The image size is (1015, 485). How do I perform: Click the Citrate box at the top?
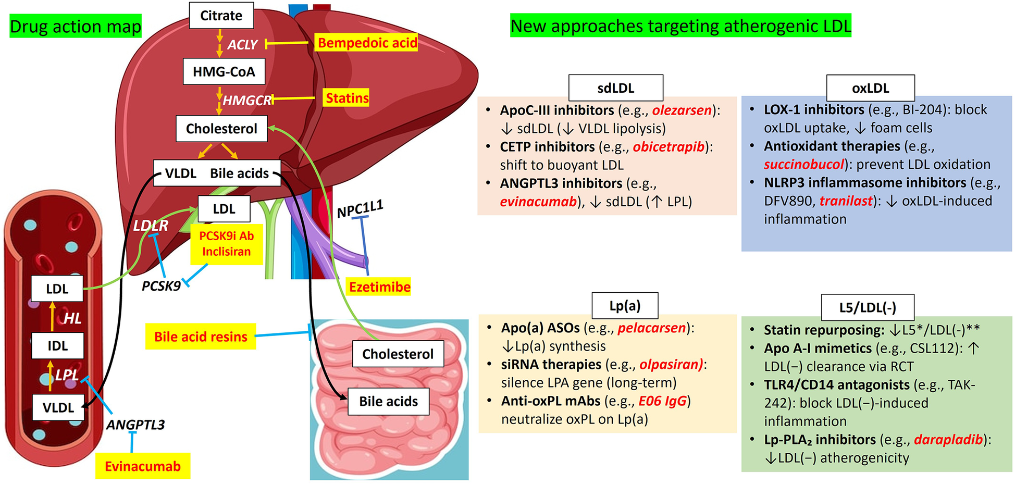click(x=221, y=16)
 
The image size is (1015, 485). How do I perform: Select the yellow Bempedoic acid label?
click(x=367, y=43)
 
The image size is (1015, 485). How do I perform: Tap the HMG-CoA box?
click(x=224, y=71)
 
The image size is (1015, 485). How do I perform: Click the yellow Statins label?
click(x=346, y=98)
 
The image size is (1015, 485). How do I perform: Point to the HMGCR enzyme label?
click(x=247, y=100)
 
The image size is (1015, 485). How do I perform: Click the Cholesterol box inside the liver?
click(x=221, y=129)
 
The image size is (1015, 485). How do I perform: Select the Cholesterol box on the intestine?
click(x=398, y=354)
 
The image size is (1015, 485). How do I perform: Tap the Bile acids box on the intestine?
click(x=388, y=401)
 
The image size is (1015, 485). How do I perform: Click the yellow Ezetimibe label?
click(x=379, y=287)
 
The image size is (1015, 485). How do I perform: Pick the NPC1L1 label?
click(x=360, y=209)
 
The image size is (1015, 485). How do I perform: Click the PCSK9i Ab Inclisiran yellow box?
click(x=226, y=244)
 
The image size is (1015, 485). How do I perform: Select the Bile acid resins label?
click(x=201, y=337)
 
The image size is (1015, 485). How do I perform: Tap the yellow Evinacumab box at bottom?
click(x=142, y=466)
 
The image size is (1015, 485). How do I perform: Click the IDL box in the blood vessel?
click(x=57, y=346)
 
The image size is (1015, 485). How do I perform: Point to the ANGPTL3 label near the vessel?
click(x=135, y=425)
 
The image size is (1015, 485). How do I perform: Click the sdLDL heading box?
click(x=615, y=88)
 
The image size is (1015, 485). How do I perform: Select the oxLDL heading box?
click(x=870, y=88)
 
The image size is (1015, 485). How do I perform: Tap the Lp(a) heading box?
click(x=625, y=306)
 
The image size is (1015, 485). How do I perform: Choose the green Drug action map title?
click(x=76, y=27)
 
